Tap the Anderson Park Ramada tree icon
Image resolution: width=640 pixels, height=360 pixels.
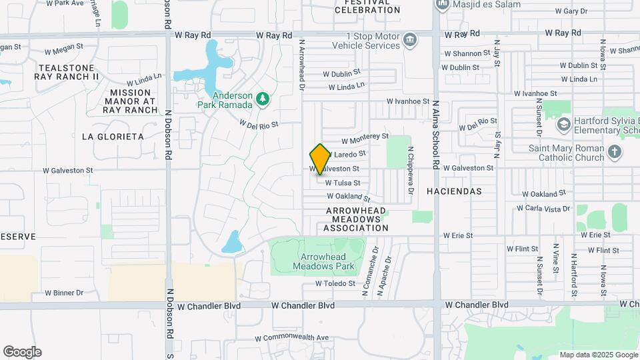click(263, 99)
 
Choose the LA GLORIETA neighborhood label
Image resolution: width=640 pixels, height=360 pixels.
click(113, 137)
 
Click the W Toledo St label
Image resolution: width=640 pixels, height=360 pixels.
click(335, 283)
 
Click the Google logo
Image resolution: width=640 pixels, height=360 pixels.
click(22, 351)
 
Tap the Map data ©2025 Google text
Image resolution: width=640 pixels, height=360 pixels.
click(598, 355)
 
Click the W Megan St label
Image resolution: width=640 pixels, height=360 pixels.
click(63, 49)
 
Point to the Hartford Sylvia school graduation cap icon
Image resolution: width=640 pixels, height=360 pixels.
click(564, 124)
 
